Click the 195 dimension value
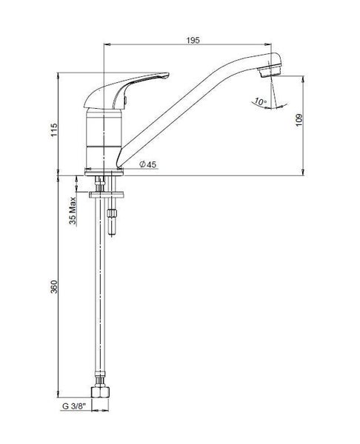[x=193, y=40]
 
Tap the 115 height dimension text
[x=54, y=129]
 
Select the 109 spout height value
[x=299, y=121]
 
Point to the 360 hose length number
[x=54, y=286]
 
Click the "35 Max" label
[x=73, y=211]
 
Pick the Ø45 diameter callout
[x=148, y=164]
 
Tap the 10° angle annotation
[x=260, y=101]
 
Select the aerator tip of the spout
[x=270, y=71]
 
